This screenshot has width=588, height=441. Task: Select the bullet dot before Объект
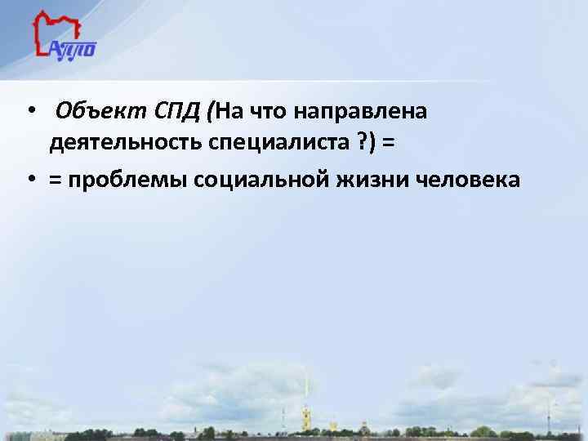(x=29, y=112)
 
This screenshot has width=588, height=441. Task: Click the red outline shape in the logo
(x=47, y=29)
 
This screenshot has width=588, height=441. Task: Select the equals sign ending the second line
(x=387, y=145)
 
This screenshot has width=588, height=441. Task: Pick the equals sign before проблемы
(x=56, y=180)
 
